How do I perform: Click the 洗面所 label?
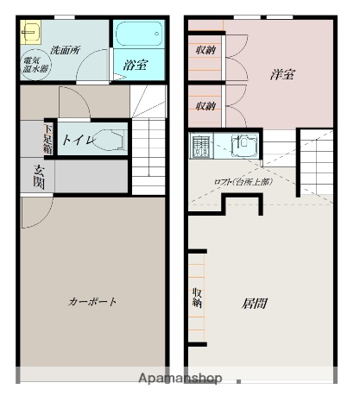click(x=65, y=50)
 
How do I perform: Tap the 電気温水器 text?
click(x=35, y=66)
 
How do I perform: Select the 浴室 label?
click(x=134, y=64)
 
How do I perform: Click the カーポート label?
click(x=92, y=302)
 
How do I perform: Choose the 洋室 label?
click(x=281, y=75)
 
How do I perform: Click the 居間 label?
click(x=254, y=304)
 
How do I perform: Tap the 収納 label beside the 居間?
click(x=197, y=298)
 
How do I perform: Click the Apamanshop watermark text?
click(x=180, y=378)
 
